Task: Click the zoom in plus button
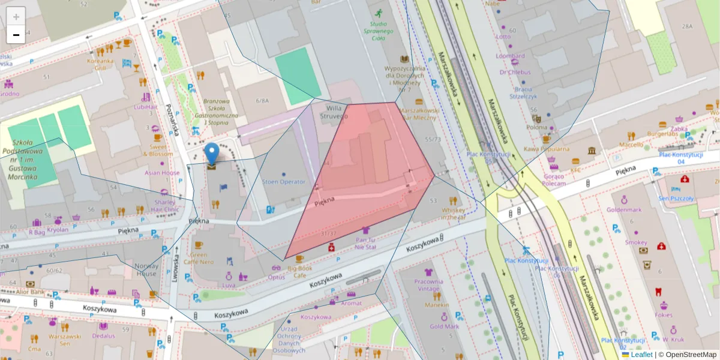[16, 16]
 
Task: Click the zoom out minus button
[16, 35]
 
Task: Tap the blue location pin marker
[212, 154]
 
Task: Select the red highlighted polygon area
[366, 180]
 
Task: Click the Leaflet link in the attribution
[641, 355]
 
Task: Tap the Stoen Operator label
[284, 182]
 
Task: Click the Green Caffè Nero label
[199, 258]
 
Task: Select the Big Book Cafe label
[299, 272]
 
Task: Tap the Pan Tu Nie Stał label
[365, 243]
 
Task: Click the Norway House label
[146, 269]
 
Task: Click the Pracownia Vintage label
[428, 285]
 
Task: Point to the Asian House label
[162, 173]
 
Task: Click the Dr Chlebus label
[515, 72]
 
